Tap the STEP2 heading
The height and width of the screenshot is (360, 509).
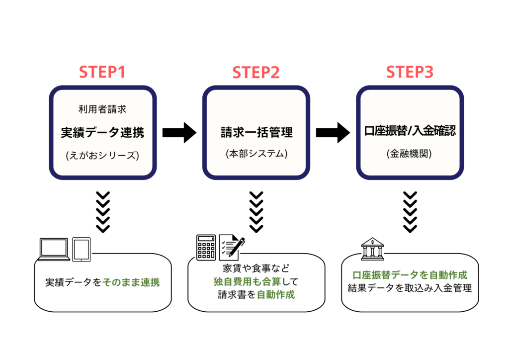point(256,73)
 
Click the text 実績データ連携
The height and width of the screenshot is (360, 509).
point(102,132)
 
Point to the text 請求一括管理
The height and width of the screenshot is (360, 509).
point(256,132)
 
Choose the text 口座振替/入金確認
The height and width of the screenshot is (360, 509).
point(410,132)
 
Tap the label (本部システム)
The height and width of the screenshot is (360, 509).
point(256,154)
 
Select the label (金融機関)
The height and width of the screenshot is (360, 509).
point(410,154)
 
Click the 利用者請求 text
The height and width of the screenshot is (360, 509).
point(102,109)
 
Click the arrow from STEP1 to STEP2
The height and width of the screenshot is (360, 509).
point(180,132)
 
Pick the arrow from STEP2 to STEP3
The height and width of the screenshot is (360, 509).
point(333,132)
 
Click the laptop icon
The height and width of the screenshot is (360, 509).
point(54,249)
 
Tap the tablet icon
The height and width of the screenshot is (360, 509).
point(82,249)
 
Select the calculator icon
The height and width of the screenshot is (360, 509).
point(206,247)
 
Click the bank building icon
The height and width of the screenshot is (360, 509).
point(374,249)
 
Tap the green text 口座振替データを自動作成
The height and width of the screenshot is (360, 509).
point(410,275)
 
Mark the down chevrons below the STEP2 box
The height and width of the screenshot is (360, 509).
point(256,212)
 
